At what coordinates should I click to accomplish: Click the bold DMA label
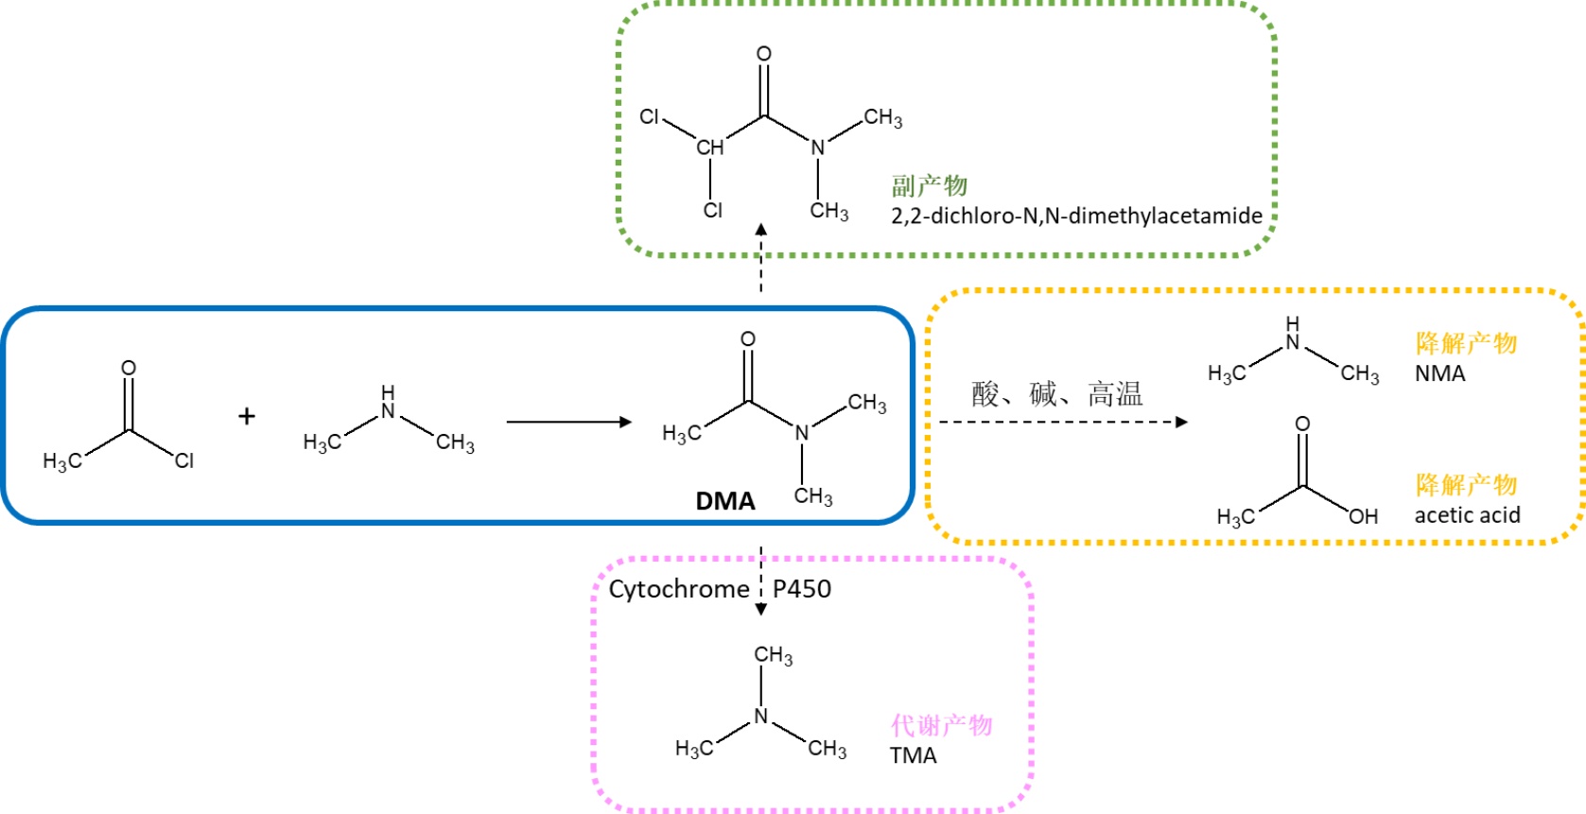tap(725, 501)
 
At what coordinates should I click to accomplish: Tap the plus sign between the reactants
tap(247, 416)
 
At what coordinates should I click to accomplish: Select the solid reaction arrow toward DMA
tap(568, 422)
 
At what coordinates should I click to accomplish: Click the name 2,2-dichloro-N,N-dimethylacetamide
tap(1076, 216)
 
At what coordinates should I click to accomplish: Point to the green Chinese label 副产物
tap(929, 185)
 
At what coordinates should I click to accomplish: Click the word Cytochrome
tap(679, 589)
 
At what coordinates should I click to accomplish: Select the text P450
tap(802, 589)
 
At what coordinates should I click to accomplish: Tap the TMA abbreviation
tap(913, 755)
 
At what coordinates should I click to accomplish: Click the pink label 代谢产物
tap(941, 725)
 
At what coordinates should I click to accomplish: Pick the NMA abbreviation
tap(1439, 373)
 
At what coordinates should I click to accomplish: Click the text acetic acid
tap(1467, 515)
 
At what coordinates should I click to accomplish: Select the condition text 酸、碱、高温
tap(1057, 393)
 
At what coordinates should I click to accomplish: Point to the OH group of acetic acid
tap(1363, 516)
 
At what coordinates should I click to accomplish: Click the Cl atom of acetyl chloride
tap(184, 460)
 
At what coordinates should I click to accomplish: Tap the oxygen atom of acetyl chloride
tap(129, 368)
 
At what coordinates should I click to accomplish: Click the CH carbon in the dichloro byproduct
tap(709, 147)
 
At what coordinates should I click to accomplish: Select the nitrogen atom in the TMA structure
tap(761, 717)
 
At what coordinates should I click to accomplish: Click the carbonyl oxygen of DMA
tap(748, 339)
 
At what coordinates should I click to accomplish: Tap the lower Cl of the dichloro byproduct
tap(712, 210)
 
